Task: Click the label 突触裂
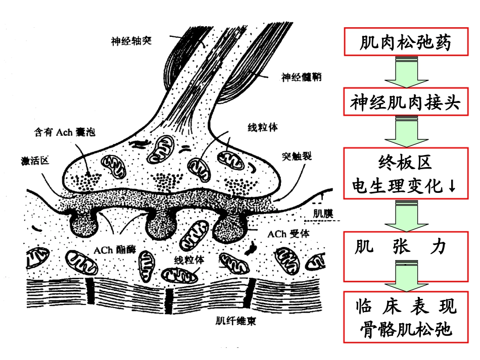[x=297, y=156]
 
